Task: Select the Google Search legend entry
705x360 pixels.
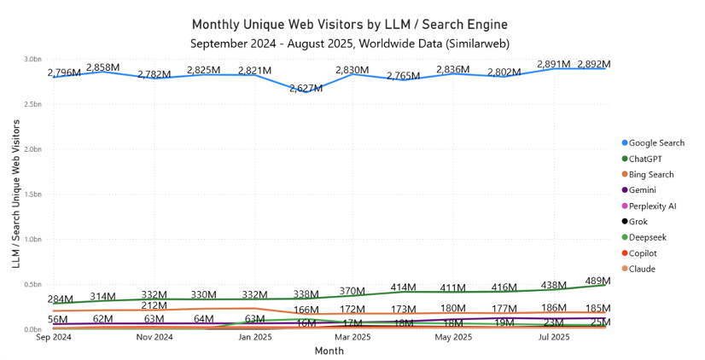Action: (x=655, y=142)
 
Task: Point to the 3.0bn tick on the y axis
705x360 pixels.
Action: (x=32, y=60)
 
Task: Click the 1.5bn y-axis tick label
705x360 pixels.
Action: (x=32, y=195)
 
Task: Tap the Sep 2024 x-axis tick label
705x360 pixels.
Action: (x=53, y=338)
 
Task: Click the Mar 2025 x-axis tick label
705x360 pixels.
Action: (x=352, y=338)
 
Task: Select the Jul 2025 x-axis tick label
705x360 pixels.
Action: (x=553, y=338)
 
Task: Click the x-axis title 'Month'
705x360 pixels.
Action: (x=329, y=351)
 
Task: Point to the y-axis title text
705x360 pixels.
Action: (x=16, y=195)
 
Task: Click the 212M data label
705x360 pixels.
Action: (x=154, y=305)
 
